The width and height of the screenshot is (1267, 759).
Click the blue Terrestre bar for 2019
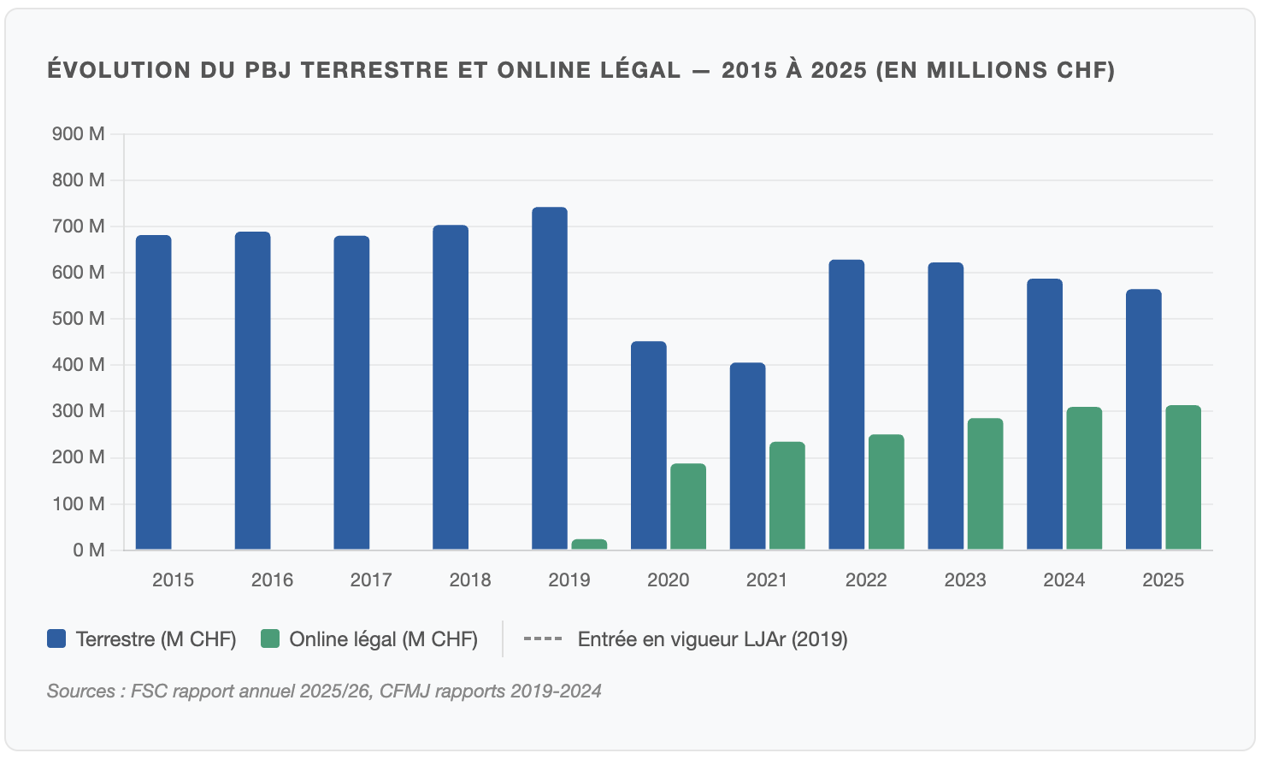tap(549, 378)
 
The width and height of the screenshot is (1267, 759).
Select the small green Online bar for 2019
tap(589, 544)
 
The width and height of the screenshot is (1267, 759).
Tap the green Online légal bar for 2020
tap(688, 506)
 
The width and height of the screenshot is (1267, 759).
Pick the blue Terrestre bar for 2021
tap(747, 456)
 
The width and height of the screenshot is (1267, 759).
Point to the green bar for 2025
tap(1183, 477)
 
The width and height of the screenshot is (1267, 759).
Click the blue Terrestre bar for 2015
tap(154, 392)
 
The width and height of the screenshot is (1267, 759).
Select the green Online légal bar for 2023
tap(985, 484)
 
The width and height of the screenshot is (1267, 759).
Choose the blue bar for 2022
tap(846, 404)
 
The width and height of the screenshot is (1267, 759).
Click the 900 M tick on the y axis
tap(79, 134)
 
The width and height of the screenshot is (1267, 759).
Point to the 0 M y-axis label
tap(89, 550)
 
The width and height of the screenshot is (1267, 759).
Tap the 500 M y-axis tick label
tap(79, 319)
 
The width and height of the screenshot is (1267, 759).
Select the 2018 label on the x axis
tap(470, 580)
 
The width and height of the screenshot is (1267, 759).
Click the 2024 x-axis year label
tap(1064, 580)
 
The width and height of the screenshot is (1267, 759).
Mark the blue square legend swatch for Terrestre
tap(56, 638)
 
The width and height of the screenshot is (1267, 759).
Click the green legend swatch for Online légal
tap(270, 638)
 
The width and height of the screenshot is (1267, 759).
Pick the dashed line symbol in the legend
tap(542, 638)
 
